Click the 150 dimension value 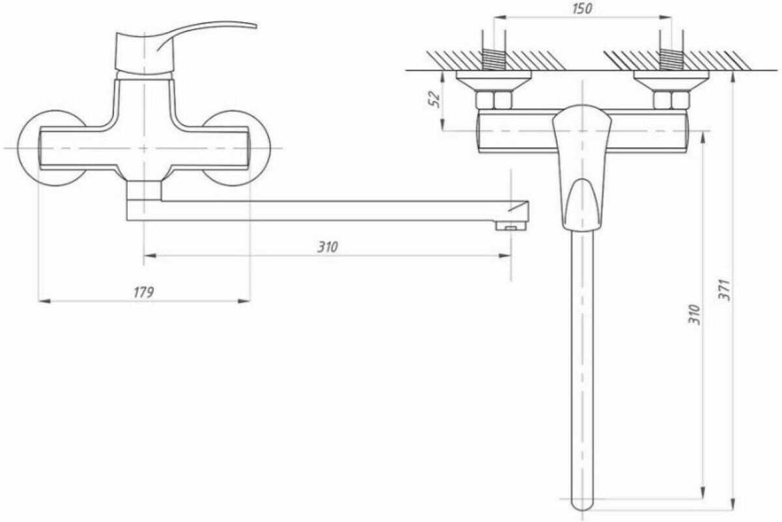(583, 8)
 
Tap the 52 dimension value (435, 99)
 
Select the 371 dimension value (725, 290)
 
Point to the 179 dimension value (144, 292)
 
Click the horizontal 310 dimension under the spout (327, 247)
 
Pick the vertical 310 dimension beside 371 (695, 315)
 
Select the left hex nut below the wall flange (494, 100)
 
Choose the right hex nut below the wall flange (671, 100)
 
